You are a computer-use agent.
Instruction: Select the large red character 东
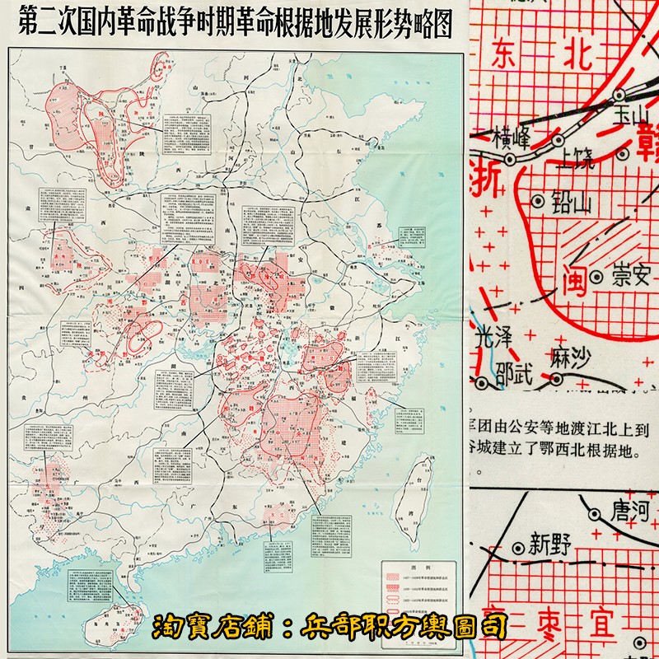point(508,55)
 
